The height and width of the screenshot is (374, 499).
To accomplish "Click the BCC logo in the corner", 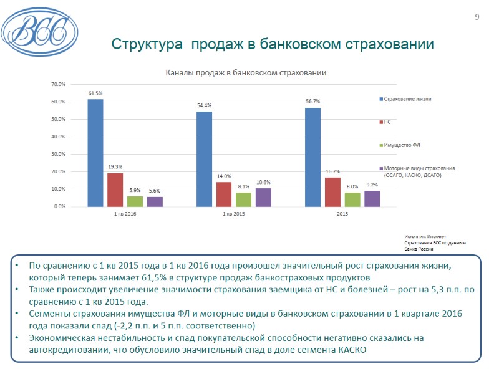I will (39, 27).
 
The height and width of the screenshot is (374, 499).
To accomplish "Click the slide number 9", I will (477, 17).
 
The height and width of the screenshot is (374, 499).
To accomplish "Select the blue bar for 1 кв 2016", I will (95, 153).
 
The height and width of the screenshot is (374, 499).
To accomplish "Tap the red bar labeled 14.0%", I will (224, 194).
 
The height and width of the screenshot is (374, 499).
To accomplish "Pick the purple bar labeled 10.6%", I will (263, 197).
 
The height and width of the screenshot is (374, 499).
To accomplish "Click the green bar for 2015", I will (352, 199).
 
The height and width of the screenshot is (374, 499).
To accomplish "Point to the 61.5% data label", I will (95, 93).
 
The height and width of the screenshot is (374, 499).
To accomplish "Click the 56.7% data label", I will (312, 102).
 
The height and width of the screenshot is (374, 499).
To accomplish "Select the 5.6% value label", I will (155, 191).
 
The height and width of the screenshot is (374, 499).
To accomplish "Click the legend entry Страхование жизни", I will (407, 99).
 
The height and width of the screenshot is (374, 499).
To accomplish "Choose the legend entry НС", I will (387, 122).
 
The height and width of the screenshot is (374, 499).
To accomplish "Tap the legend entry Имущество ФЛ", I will (402, 145).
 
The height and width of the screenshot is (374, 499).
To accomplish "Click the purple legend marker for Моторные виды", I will (380, 168).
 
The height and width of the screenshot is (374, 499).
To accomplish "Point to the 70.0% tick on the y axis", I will (58, 84).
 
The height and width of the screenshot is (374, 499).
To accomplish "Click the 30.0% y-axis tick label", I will (58, 154).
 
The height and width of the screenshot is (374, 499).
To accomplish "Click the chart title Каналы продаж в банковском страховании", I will (245, 73).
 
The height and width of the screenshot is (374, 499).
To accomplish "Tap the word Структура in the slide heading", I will (147, 45).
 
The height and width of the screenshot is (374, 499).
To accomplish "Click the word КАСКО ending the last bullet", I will (351, 350).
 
